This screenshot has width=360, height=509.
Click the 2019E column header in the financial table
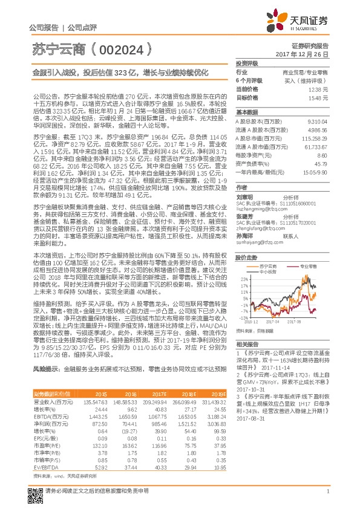(x=217, y=394)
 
